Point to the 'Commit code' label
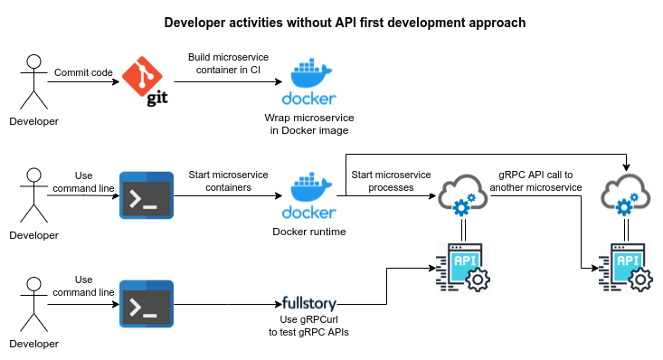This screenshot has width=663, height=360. [x=83, y=71]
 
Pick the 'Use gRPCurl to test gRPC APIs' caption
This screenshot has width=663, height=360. [x=310, y=326]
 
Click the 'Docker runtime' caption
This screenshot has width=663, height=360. [x=309, y=232]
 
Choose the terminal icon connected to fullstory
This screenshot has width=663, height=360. [x=147, y=305]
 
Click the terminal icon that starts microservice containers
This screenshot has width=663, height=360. [x=147, y=194]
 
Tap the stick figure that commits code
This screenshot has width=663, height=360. [x=33, y=82]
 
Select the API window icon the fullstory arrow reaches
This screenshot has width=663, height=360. [x=464, y=267]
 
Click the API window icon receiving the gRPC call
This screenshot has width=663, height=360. [x=626, y=268]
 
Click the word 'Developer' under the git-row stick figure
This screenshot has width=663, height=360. [x=33, y=121]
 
